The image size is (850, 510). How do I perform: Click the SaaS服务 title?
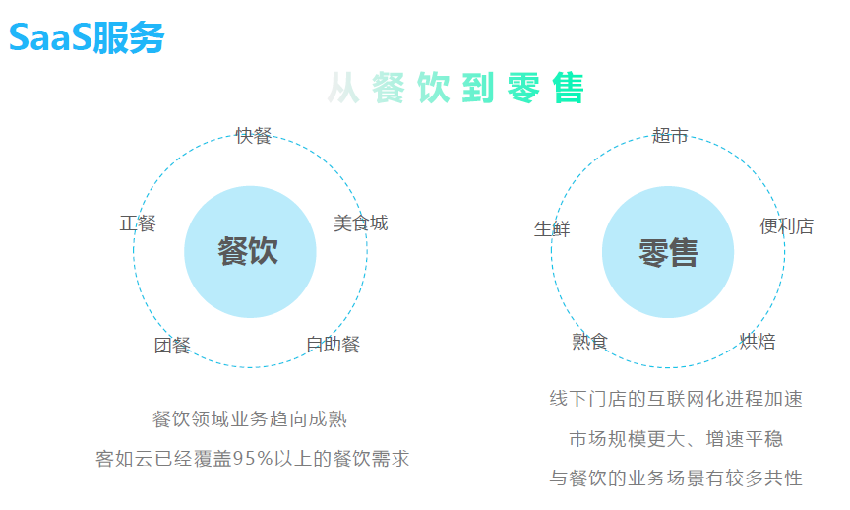[x=87, y=37]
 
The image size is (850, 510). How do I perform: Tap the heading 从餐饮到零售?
[x=455, y=89]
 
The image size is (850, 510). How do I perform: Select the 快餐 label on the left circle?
[x=253, y=136]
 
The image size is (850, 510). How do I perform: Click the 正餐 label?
[x=138, y=223]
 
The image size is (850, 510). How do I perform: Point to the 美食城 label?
[x=360, y=223]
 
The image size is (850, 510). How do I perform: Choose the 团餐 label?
[x=172, y=346]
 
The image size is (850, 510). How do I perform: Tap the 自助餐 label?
[x=333, y=345]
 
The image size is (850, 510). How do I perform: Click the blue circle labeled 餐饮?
[x=250, y=251]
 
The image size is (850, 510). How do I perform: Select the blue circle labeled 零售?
[x=667, y=252]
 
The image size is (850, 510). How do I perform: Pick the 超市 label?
[x=670, y=136]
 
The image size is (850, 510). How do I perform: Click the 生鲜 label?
[x=552, y=229]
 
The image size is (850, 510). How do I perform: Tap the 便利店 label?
[x=786, y=226]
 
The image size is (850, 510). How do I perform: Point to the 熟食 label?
[x=590, y=342]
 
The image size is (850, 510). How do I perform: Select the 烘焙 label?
[x=758, y=342]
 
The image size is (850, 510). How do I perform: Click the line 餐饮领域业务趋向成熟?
[x=250, y=419]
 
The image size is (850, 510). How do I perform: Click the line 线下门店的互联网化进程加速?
[x=676, y=399]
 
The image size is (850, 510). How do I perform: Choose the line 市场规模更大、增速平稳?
[x=676, y=439]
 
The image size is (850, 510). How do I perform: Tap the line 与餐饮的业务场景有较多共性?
[x=676, y=478]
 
